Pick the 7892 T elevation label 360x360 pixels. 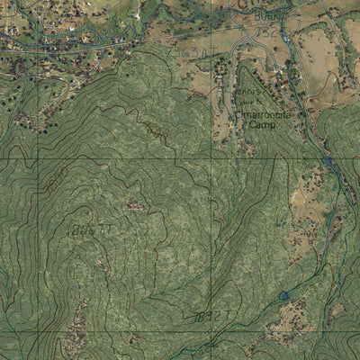point(208,316)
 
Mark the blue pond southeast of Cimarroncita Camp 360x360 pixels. point(326,161)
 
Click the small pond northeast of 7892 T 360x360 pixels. point(284,294)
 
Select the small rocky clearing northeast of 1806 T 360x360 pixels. point(135,205)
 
